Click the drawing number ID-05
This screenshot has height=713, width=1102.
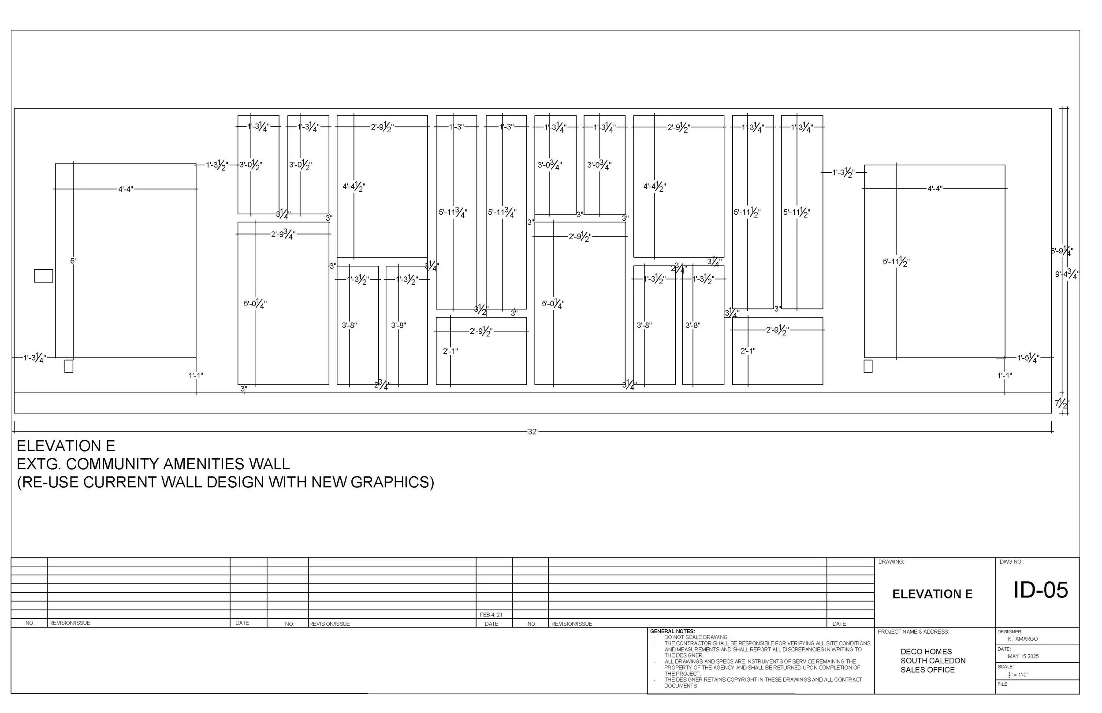click(1040, 590)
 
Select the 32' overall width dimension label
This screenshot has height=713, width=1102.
click(532, 432)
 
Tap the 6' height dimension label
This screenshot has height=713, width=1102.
click(73, 261)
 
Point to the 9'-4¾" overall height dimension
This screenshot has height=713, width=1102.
click(1067, 275)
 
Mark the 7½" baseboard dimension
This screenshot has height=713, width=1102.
click(1062, 404)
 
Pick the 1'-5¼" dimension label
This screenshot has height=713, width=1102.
click(1028, 358)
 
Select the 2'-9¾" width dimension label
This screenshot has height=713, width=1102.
click(283, 234)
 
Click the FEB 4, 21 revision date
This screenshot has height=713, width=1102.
click(491, 615)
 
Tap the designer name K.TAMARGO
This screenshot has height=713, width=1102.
click(1022, 639)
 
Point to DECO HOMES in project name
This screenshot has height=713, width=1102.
click(926, 652)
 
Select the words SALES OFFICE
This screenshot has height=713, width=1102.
click(927, 670)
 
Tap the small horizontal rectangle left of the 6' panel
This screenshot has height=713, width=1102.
click(44, 276)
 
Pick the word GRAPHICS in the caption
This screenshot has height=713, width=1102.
click(392, 483)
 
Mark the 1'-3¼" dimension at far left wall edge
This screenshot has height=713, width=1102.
click(35, 358)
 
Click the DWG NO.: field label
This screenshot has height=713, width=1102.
click(1011, 562)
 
